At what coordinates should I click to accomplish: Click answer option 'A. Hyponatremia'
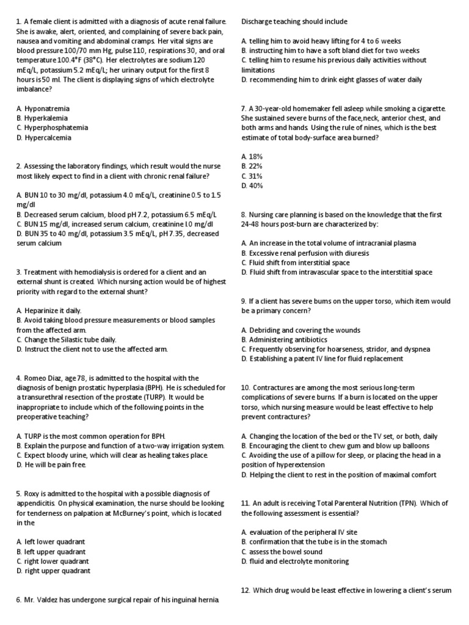pos(42,108)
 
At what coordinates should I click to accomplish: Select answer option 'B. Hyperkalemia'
pos(42,118)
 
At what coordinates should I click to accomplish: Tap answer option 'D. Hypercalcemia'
pos(43,137)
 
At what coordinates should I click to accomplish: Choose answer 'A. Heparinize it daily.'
pos(48,310)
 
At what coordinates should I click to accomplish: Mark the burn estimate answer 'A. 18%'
pos(252,156)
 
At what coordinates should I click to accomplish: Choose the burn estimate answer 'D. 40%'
pos(252,186)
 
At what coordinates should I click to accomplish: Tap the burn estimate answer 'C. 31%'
pos(252,176)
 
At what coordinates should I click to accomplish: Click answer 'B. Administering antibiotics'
pos(284,339)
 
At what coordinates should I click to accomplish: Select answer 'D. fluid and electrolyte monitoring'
pos(295,561)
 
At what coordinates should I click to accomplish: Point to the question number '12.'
pos(245,590)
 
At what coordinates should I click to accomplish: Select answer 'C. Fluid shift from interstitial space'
pos(296,262)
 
